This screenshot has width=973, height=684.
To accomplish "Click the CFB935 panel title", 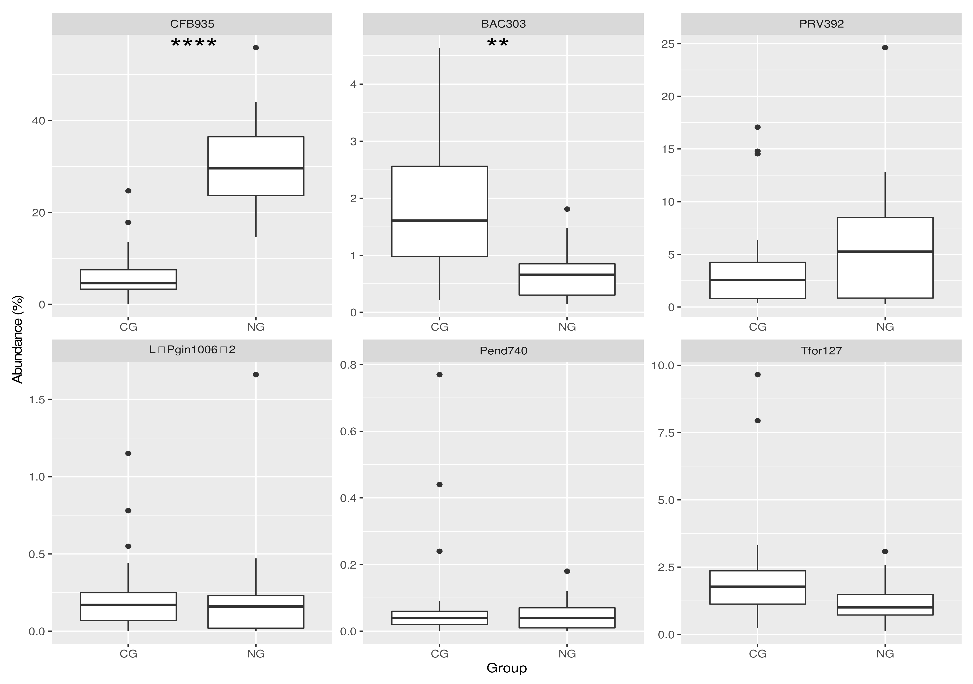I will (x=192, y=24).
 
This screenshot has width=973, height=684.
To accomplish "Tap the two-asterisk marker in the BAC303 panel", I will (x=497, y=43).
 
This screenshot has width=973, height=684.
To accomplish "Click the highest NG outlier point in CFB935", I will (x=256, y=47).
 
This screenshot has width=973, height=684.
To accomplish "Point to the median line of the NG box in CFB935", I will (x=256, y=168).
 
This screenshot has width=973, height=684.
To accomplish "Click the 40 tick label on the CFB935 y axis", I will (x=39, y=121).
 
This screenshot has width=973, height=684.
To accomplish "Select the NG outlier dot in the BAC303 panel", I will (x=567, y=209).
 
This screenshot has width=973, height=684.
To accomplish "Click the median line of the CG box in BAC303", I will (x=439, y=220).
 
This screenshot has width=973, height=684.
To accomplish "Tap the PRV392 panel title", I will (x=821, y=24).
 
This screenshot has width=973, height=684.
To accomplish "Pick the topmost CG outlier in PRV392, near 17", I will (x=758, y=127).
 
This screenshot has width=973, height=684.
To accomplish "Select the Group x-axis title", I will (x=506, y=668).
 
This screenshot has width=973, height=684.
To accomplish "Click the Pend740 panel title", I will (x=503, y=351).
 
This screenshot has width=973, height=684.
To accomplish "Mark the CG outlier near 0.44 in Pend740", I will (x=439, y=484).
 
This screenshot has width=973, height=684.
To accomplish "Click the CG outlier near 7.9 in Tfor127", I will (x=758, y=421).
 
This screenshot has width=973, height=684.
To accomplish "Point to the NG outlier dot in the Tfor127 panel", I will (x=885, y=551).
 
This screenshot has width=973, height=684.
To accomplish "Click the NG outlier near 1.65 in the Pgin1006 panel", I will (x=256, y=375).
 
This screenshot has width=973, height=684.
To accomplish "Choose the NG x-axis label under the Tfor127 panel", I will (x=885, y=653).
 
